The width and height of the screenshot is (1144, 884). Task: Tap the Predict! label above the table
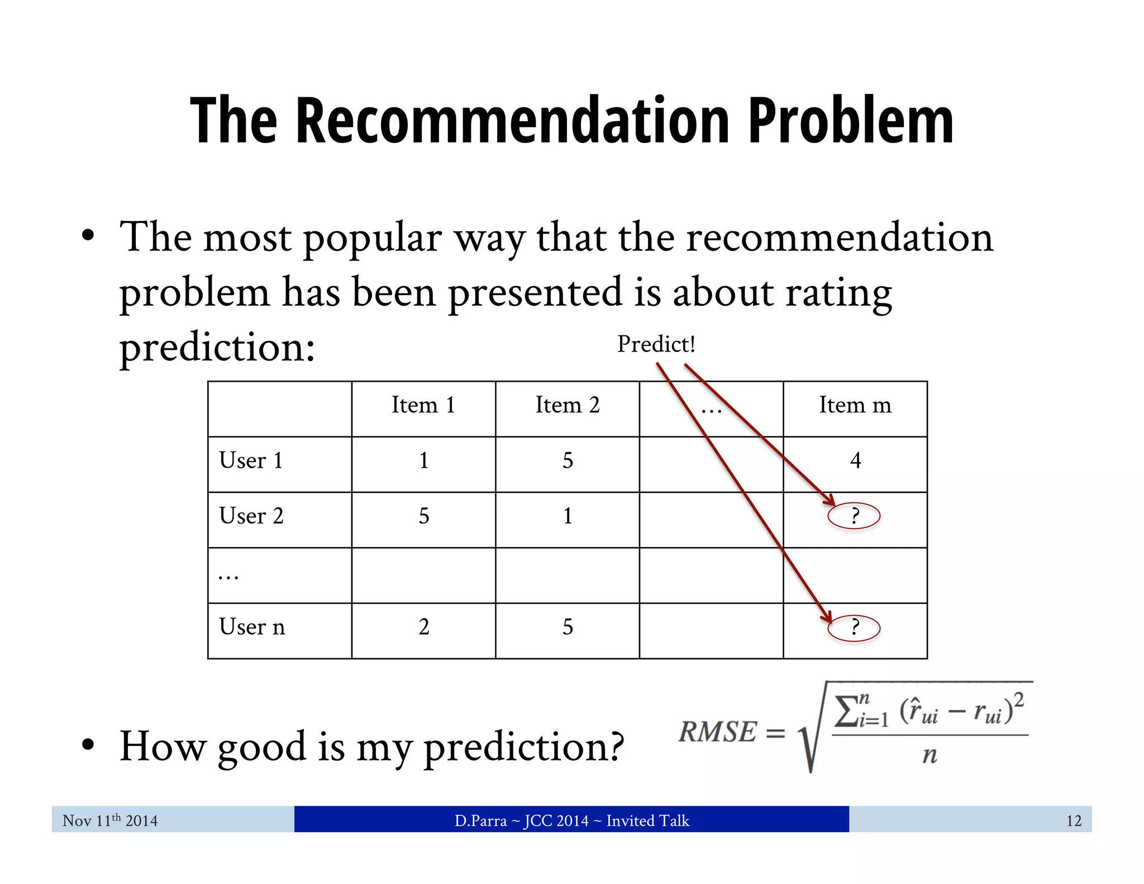[x=656, y=344]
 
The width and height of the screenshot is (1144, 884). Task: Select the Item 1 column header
[x=423, y=405]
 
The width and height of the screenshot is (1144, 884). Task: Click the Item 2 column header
[x=568, y=405]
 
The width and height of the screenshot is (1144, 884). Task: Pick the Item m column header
[x=855, y=405]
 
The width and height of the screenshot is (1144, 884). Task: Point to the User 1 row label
[x=251, y=461]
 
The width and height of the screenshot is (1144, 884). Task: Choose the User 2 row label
[x=251, y=516]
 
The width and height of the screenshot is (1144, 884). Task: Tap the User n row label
[x=252, y=628]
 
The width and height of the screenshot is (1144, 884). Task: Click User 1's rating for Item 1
[x=424, y=461]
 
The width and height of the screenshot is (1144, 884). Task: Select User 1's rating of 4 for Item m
[x=855, y=461]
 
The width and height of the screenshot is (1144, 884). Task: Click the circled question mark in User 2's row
[x=854, y=516]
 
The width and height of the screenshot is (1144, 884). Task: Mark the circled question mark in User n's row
[x=854, y=628]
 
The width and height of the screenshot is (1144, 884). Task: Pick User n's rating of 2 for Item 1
[x=424, y=628]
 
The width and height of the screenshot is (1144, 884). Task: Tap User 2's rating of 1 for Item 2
[x=568, y=516]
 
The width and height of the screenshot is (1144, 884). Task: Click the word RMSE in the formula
[x=718, y=732]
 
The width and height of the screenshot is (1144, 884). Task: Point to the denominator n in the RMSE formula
[x=929, y=755]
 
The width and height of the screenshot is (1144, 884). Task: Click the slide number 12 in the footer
[x=1074, y=821]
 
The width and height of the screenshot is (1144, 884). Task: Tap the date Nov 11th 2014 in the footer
[x=110, y=821]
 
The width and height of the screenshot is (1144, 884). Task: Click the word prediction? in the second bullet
[x=523, y=747]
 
